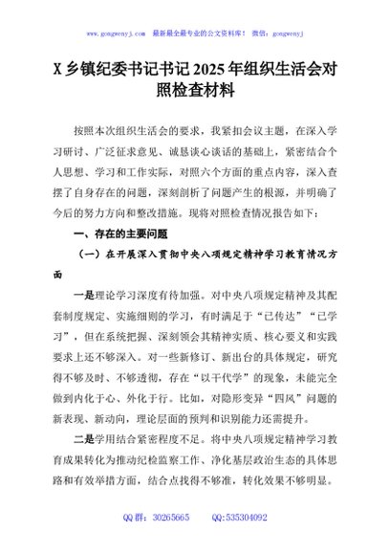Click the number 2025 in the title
click(x=216, y=68)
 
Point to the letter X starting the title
click(x=59, y=68)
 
